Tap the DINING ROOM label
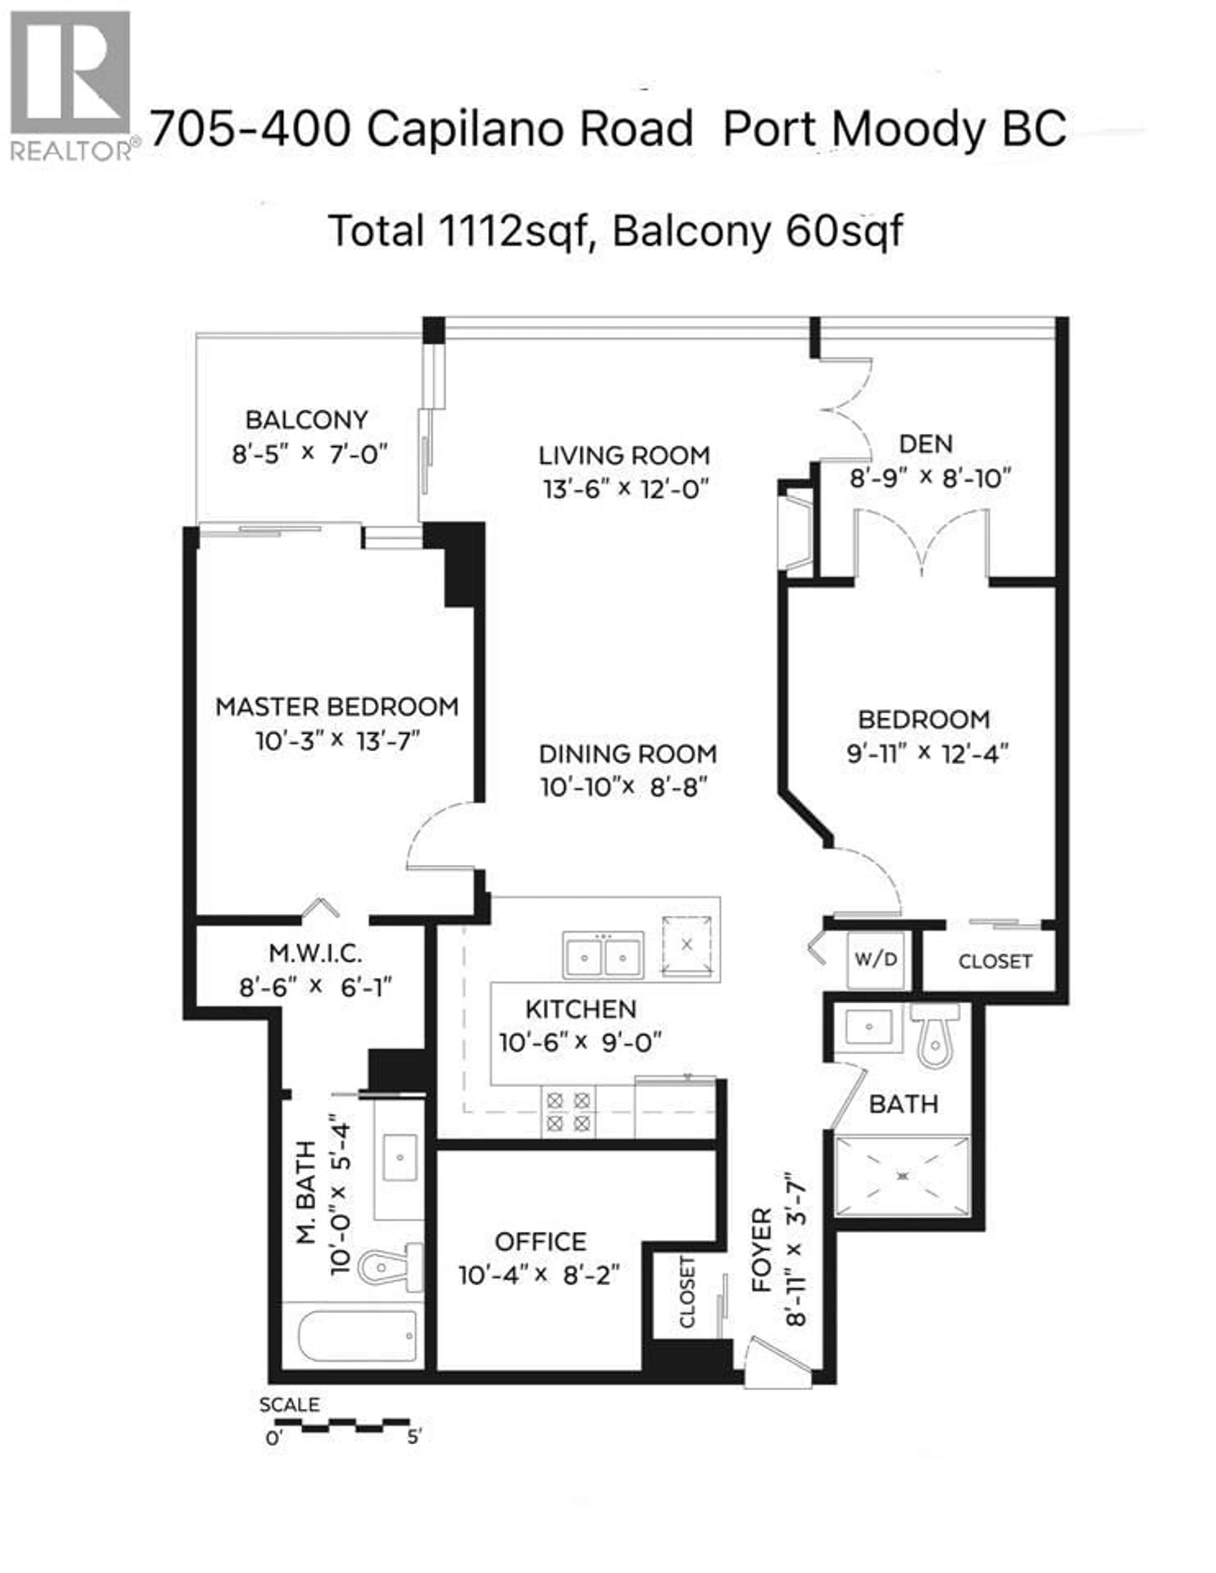627,754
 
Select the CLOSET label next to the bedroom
995,962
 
